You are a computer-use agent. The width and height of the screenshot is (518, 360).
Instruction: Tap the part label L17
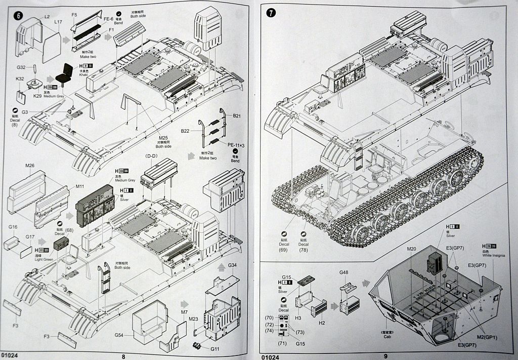(x=58, y=22)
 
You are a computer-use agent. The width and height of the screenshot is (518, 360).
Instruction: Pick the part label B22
(x=185, y=131)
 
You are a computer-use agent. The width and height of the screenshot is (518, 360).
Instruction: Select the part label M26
(x=29, y=166)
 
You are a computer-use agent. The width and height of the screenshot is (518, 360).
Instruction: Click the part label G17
(x=30, y=236)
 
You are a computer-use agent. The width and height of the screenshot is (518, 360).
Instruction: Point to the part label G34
(x=232, y=266)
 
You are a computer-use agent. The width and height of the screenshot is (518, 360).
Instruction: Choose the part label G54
(x=119, y=335)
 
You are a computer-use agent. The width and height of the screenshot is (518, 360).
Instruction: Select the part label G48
(x=344, y=273)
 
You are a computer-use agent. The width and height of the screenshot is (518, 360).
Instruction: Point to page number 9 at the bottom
(x=386, y=355)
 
